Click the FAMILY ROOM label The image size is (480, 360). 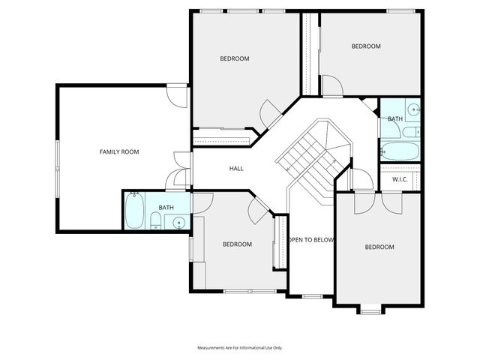119,152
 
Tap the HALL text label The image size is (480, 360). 236,169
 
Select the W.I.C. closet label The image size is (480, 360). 399,180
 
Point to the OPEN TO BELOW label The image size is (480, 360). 311,240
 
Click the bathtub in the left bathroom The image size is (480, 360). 136,211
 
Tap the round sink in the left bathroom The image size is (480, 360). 179,221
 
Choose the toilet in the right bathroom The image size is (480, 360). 411,133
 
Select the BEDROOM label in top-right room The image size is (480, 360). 366,46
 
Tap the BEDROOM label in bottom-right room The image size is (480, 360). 379,247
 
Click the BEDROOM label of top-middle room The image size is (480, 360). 234,58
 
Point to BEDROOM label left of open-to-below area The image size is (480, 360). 237,244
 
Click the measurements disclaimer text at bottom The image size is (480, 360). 239,348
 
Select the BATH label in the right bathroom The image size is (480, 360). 394,119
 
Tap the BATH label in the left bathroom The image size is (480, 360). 166,208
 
